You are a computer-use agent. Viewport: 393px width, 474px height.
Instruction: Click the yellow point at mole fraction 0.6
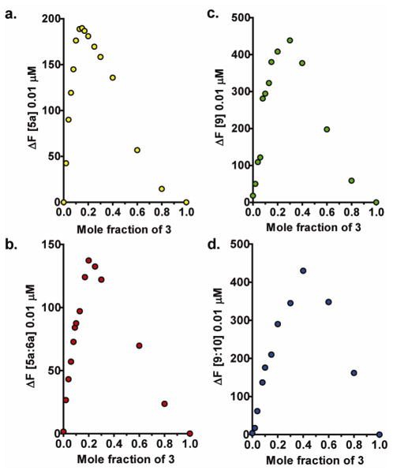pyautogui.click(x=137, y=150)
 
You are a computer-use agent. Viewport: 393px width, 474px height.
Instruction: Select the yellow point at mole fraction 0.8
pyautogui.click(x=162, y=188)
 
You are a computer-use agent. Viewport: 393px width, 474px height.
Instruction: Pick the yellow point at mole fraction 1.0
pyautogui.click(x=186, y=202)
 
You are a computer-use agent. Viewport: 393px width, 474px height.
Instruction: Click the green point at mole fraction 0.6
pyautogui.click(x=327, y=129)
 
